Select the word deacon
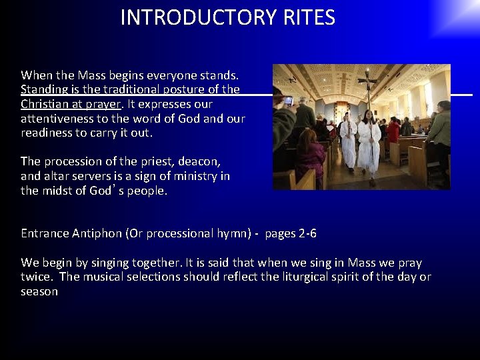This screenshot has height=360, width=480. coord(199,161)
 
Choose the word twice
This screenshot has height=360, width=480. coord(35,277)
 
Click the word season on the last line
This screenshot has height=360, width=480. coord(39,291)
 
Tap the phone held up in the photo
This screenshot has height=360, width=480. coord(288,101)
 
